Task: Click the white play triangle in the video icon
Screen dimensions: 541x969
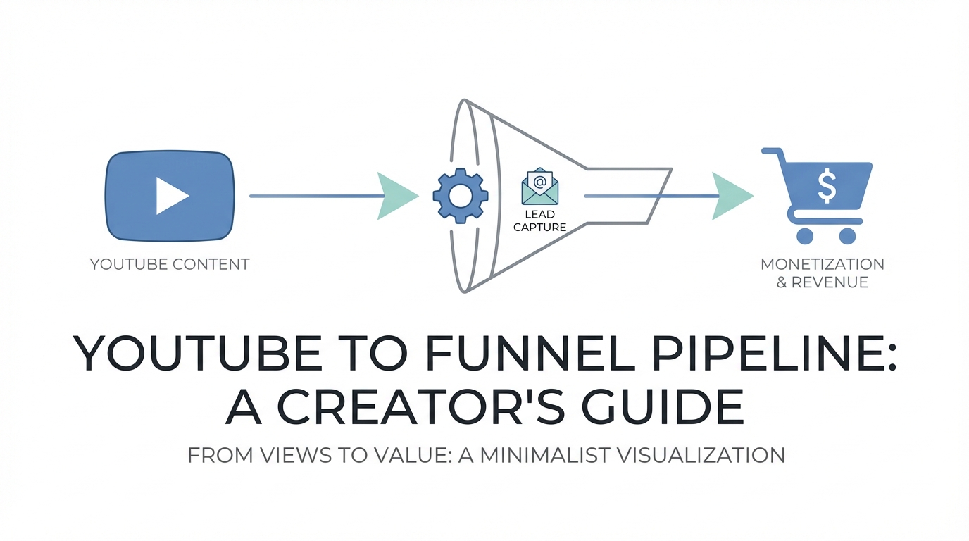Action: point(171,195)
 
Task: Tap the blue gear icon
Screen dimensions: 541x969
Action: point(460,196)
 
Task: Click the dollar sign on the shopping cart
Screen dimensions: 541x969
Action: point(826,186)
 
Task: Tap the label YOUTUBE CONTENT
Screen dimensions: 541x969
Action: point(170,265)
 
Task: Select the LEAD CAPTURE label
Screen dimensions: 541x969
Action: point(539,220)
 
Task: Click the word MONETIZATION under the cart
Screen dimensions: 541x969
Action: point(823,265)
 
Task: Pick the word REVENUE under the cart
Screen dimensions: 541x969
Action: point(830,282)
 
